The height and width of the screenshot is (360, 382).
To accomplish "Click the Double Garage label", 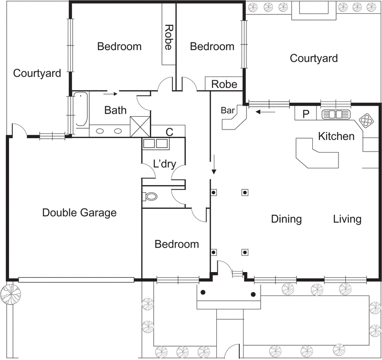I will tap(79, 213).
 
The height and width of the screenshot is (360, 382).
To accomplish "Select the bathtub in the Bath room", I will tap(82, 109).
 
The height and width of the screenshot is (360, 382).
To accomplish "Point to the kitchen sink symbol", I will tap(336, 114).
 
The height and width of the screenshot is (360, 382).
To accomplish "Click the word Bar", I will tap(227, 110).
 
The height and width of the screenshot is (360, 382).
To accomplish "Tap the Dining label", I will tap(286, 219).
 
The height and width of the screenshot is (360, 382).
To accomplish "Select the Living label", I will tap(347, 219).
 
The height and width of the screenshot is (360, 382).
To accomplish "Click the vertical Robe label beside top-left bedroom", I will tap(169, 38).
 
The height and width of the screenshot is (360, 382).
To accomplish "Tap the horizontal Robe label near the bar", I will tap(224, 84).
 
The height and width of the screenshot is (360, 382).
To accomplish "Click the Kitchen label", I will tap(336, 137).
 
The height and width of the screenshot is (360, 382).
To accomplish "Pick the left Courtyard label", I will tap(37, 74).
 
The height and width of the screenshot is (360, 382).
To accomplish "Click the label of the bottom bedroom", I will tap(177, 244).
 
